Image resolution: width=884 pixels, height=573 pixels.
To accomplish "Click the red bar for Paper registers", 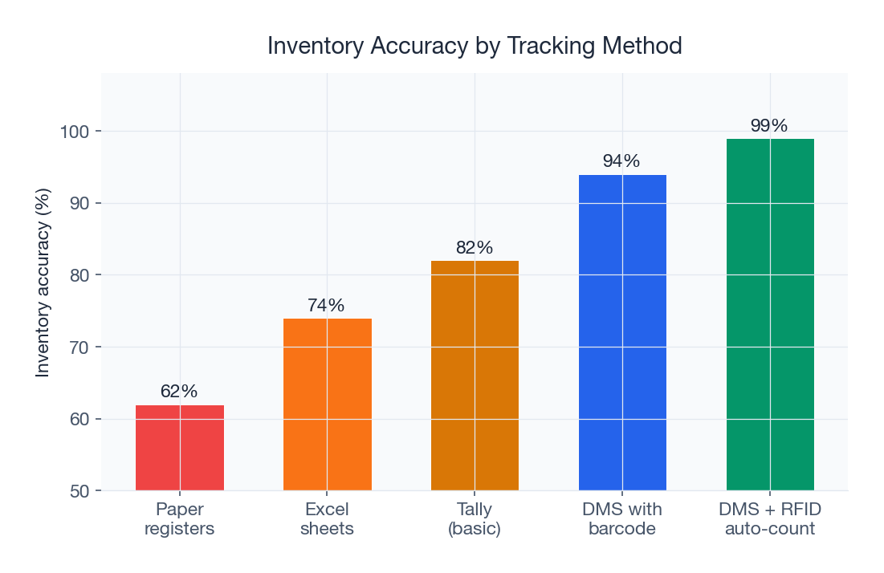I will tap(179, 448).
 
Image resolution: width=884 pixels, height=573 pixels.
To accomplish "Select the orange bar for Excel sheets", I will tap(327, 404).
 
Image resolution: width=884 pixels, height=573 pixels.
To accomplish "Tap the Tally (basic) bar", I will tap(475, 376).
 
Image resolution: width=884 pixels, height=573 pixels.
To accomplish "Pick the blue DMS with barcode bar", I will tap(622, 332).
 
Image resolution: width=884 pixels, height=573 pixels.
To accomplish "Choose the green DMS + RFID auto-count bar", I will tap(770, 315).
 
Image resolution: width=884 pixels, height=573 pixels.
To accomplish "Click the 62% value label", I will tap(179, 392).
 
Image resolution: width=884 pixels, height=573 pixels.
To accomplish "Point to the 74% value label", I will tap(327, 306).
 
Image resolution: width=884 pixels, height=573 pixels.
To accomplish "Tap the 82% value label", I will tap(475, 248).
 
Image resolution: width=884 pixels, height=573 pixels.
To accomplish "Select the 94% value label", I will tap(622, 161).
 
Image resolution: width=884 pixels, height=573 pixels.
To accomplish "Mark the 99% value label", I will tap(770, 126).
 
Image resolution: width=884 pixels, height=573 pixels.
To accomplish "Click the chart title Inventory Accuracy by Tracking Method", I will tap(475, 47).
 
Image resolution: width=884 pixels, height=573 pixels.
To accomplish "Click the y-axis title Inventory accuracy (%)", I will tap(43, 282).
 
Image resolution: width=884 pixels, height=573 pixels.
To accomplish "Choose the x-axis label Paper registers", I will tap(179, 519).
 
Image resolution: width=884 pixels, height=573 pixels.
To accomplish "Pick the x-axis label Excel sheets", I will tap(327, 519).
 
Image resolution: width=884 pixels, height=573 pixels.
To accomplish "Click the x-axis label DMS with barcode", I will tap(622, 519).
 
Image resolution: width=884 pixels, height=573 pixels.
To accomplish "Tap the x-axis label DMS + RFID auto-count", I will tap(770, 519).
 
